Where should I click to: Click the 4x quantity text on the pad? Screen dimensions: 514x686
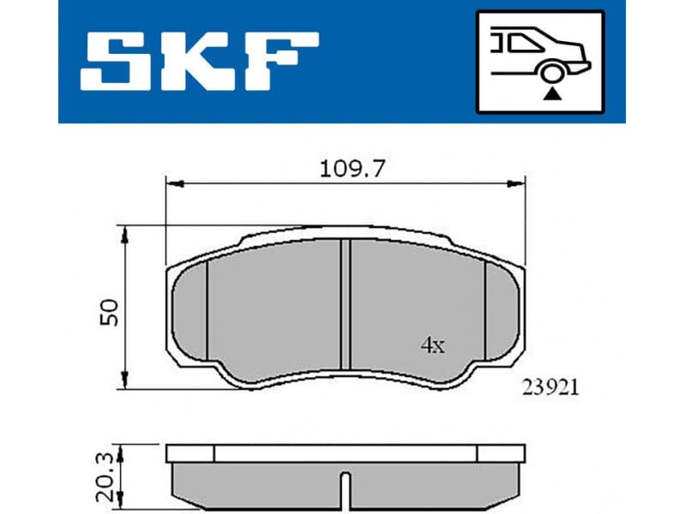(x=432, y=346)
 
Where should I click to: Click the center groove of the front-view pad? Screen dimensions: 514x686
(x=346, y=304)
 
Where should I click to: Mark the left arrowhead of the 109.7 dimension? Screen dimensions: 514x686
(x=171, y=182)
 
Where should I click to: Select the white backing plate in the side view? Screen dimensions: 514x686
(x=345, y=454)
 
